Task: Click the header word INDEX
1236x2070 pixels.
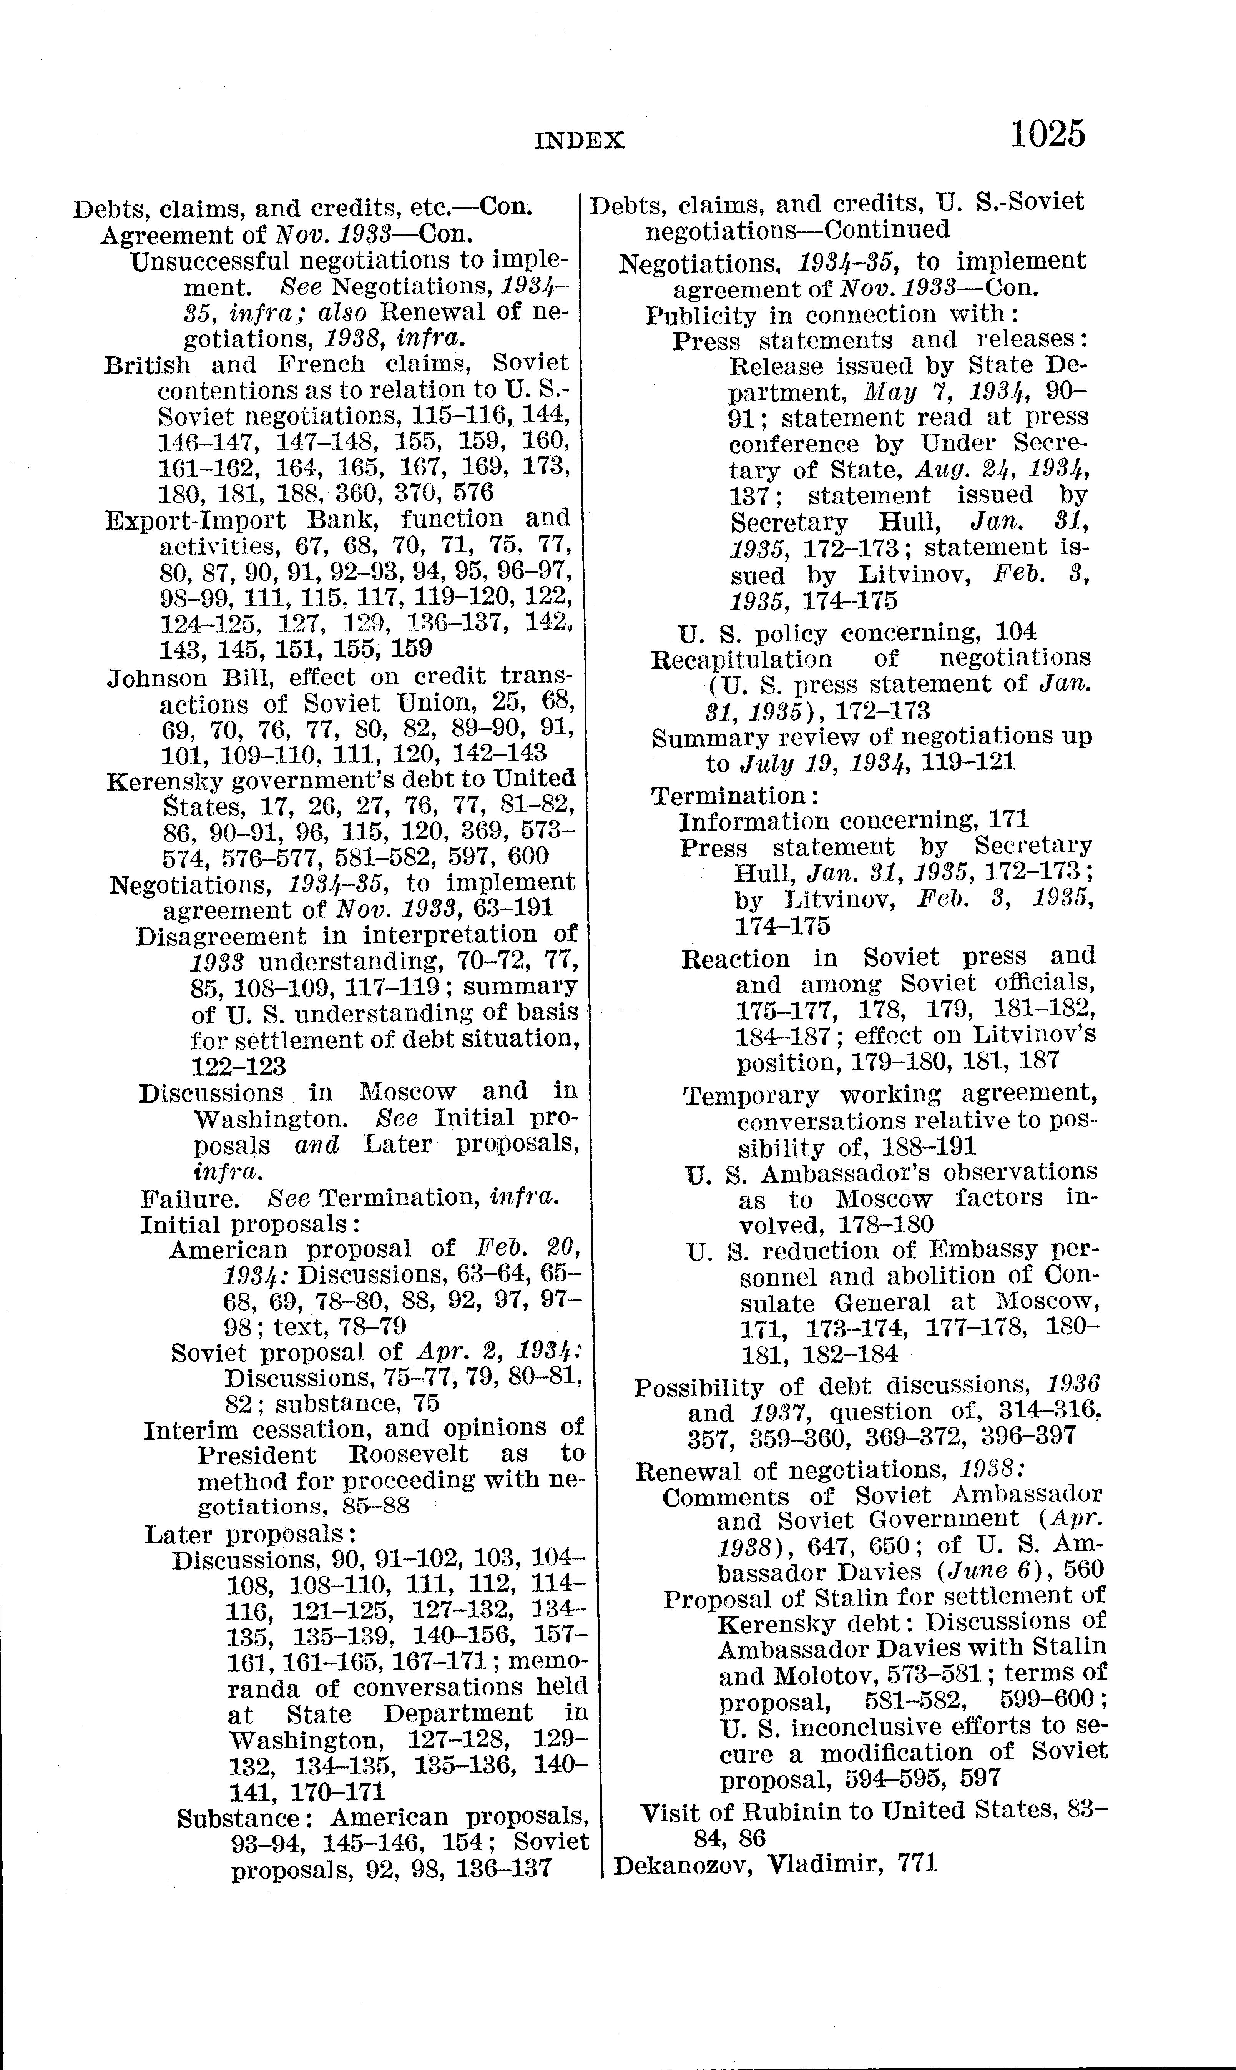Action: [579, 140]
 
